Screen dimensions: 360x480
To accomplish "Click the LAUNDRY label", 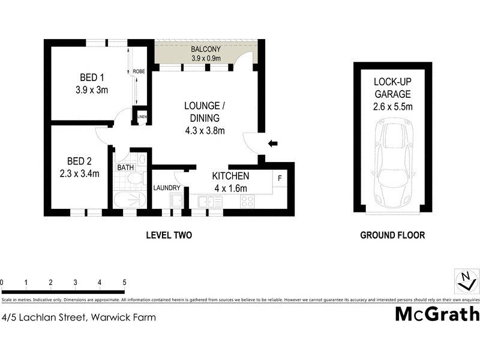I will [167, 188].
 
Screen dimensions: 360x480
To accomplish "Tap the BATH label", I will [125, 168].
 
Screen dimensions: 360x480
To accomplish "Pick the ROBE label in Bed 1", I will [139, 71].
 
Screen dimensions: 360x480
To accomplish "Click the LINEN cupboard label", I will [142, 116].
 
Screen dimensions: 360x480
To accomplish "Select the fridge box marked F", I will [280, 178].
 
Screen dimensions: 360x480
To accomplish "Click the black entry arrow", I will [272, 143].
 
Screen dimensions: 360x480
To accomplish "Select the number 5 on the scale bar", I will [124, 282].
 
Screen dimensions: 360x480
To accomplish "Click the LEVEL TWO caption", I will [169, 235].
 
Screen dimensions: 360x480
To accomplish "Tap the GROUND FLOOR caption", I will [392, 235].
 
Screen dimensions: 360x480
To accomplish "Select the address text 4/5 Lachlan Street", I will [78, 317].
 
